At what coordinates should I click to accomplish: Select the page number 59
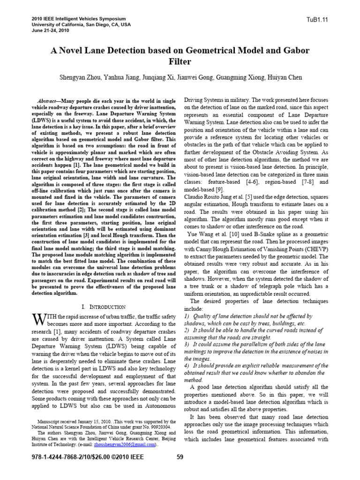tap(180, 457)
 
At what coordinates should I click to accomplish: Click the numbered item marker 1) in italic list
tap(187, 316)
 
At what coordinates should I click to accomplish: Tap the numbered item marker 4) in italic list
tap(187, 365)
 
